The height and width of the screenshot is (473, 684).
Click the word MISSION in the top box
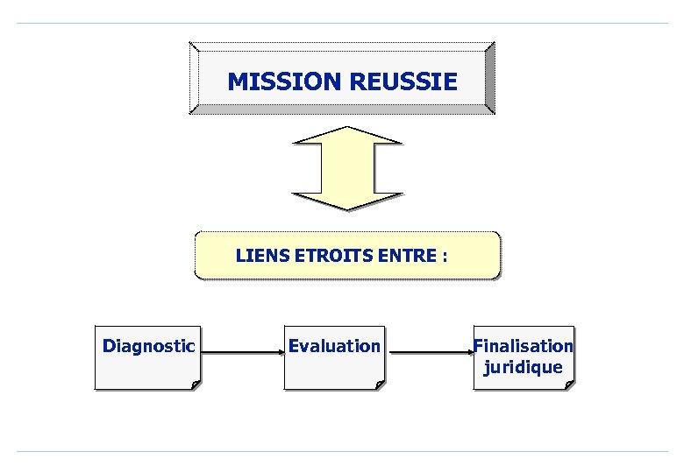click(x=285, y=82)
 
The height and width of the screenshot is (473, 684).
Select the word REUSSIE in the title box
click(x=403, y=82)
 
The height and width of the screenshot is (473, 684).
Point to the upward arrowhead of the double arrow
click(x=347, y=135)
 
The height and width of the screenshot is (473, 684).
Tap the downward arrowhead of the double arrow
click(x=347, y=201)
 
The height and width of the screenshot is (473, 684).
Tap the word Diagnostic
click(x=148, y=346)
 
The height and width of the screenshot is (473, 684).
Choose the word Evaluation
click(x=334, y=346)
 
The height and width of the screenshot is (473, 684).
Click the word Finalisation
click(x=524, y=346)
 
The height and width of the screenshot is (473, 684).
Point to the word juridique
click(x=524, y=367)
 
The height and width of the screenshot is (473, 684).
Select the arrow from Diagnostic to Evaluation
click(x=241, y=353)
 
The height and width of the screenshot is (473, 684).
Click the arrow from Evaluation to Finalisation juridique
click(x=430, y=353)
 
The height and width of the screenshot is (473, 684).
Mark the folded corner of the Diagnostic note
click(x=195, y=384)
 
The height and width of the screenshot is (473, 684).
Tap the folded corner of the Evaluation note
click(x=379, y=384)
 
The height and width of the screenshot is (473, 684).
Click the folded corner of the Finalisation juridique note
click(x=570, y=384)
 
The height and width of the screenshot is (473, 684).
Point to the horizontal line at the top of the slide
click(x=342, y=24)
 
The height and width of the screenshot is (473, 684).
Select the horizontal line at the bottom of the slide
click(x=342, y=452)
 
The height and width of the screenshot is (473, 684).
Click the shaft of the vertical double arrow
click(x=347, y=168)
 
